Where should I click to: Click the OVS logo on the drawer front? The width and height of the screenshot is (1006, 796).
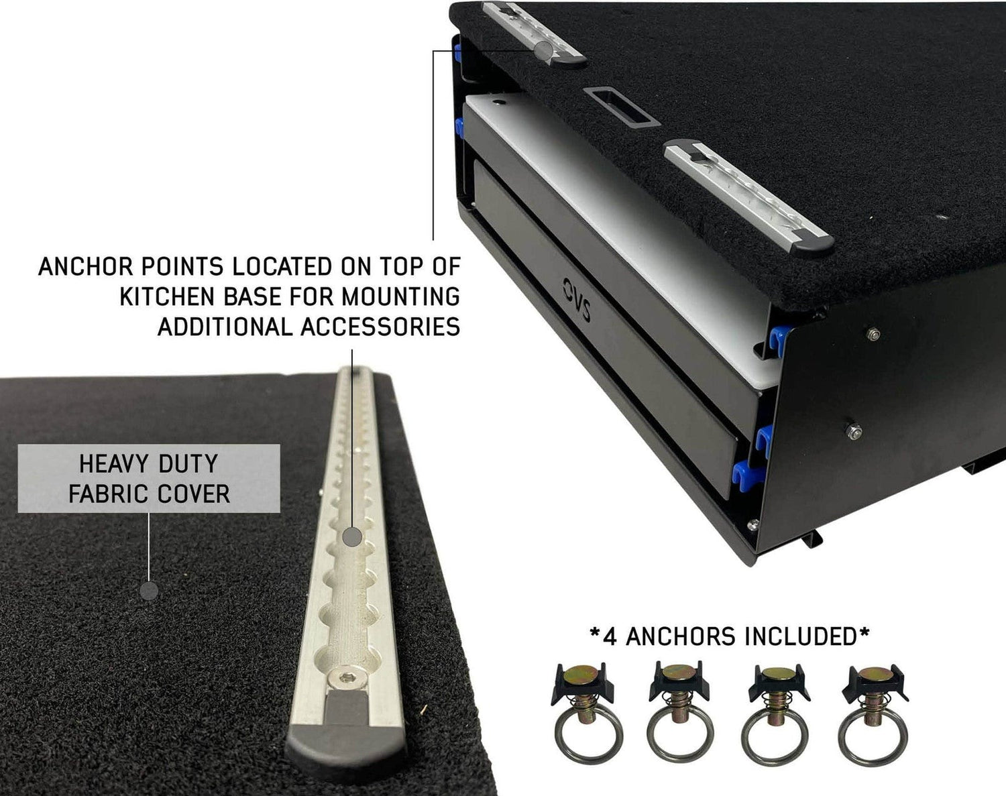pyautogui.click(x=576, y=299)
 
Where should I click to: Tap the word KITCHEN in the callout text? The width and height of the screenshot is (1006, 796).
pyautogui.click(x=168, y=296)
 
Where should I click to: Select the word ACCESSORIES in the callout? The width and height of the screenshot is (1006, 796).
pyautogui.click(x=380, y=327)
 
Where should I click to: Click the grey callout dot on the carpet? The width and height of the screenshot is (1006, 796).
pyautogui.click(x=149, y=591)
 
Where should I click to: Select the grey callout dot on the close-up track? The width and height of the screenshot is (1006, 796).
pyautogui.click(x=353, y=536)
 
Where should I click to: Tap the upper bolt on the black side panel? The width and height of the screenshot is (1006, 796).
pyautogui.click(x=873, y=334)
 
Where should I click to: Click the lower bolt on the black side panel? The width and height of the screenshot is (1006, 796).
pyautogui.click(x=854, y=431)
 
